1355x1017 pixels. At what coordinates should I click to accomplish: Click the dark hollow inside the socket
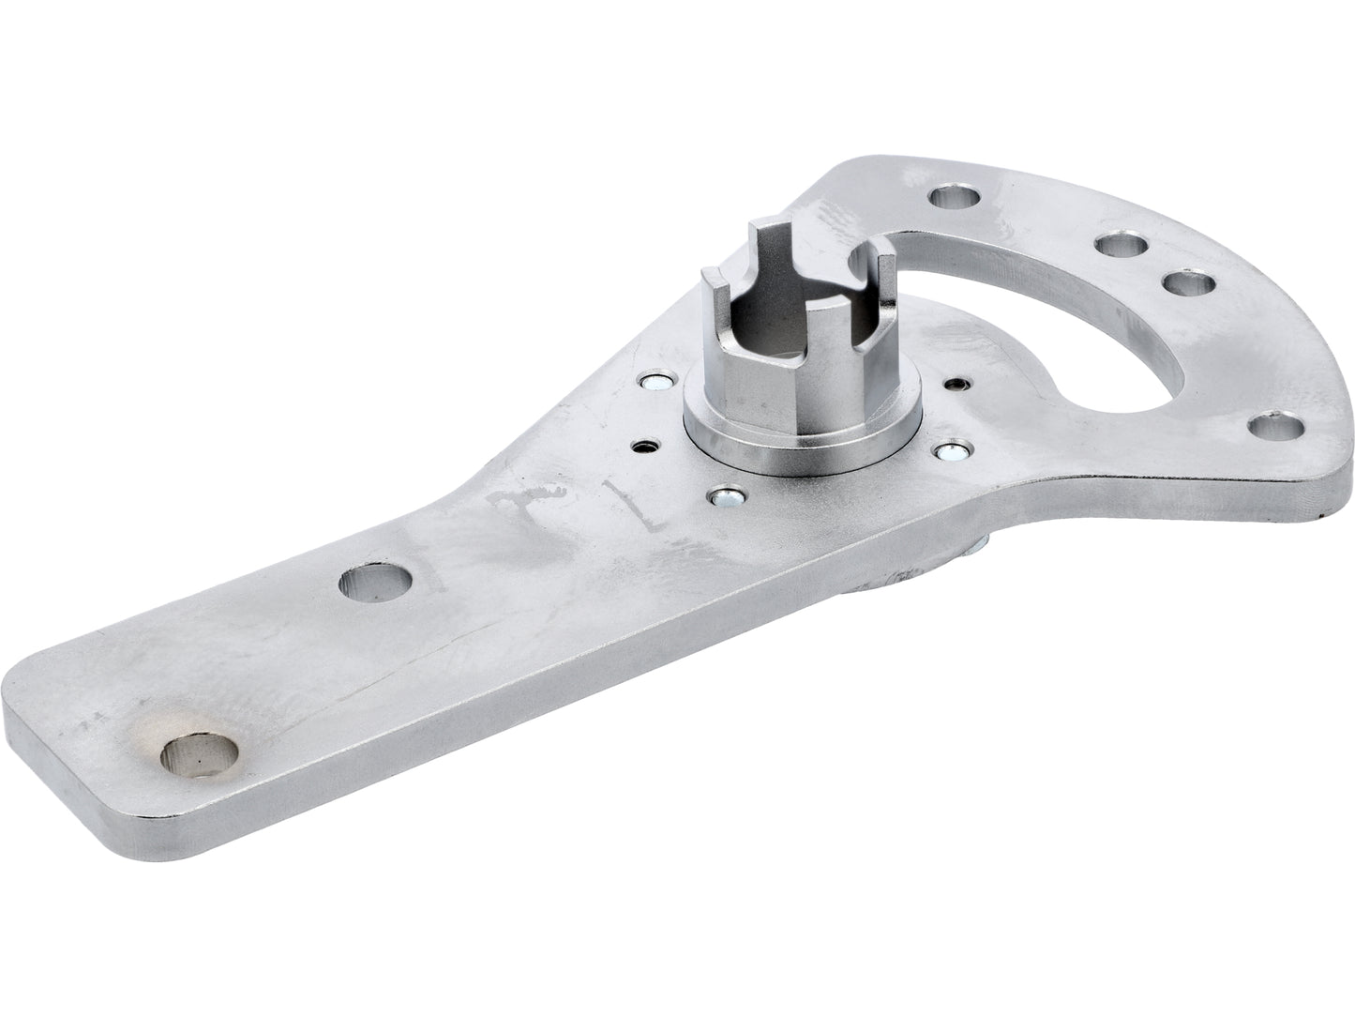(788, 328)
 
